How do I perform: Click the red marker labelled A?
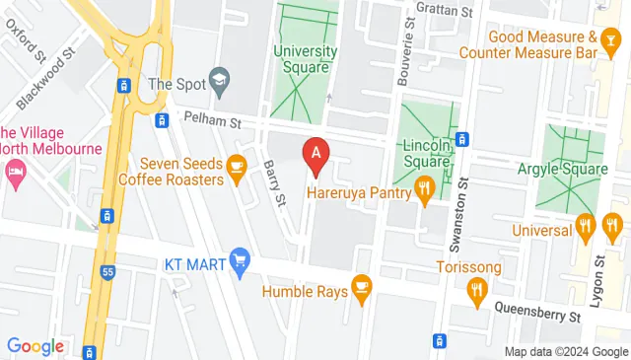coord(316,155)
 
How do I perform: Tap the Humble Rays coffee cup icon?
coord(362,286)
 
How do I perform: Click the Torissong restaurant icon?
coord(478,289)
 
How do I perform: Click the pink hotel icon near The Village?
coord(17,173)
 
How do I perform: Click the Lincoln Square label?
coord(426,152)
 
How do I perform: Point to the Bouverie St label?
coord(405,54)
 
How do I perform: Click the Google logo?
coord(35,346)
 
